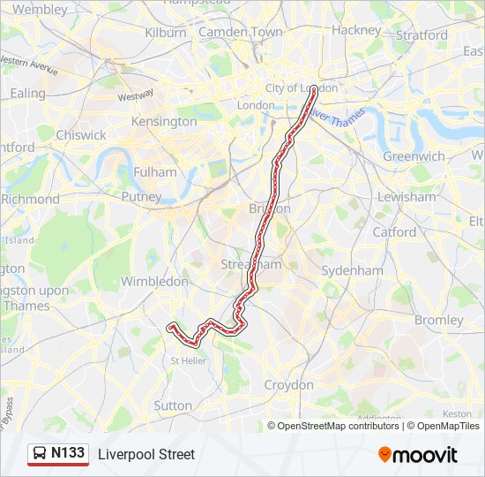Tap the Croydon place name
coord(288,385)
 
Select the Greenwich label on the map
coord(414,156)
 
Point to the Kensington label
coord(163,121)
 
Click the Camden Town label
coord(241,32)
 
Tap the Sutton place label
coord(173,405)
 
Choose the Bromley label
coord(438,320)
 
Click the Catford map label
coord(394,232)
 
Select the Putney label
coord(141,197)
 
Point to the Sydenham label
coord(352,270)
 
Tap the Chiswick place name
coord(80,135)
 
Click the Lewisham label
coord(407,197)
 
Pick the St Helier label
coord(188,360)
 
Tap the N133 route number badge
coord(68,453)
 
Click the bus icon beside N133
coord(40,454)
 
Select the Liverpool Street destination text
coord(146,454)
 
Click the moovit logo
coord(418,454)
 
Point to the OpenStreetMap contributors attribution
coord(334,426)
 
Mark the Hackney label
coord(355,29)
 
